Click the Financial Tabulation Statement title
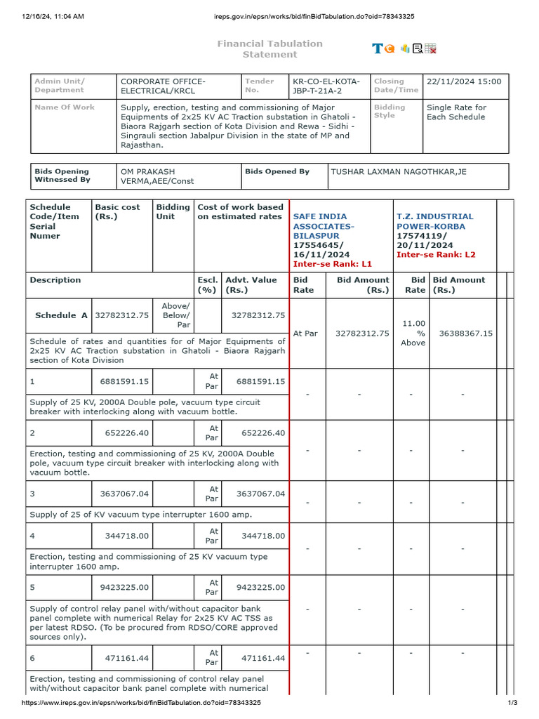[x=269, y=49]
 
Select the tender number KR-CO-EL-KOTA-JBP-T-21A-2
[x=326, y=86]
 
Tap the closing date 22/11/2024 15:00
[x=464, y=81]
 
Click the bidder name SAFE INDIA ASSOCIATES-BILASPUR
[x=324, y=226]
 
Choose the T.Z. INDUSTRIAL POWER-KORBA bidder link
[x=434, y=221]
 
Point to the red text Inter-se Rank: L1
[x=332, y=264]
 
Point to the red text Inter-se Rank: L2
[x=436, y=255]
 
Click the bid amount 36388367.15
[x=465, y=334]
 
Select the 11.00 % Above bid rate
[x=413, y=334]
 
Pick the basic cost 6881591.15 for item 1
[x=122, y=381]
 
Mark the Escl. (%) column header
[x=207, y=284]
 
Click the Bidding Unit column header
[x=173, y=212]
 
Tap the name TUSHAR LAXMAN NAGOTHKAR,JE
[x=398, y=172]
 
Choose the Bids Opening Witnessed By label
[x=62, y=176]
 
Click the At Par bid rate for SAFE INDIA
[x=306, y=334]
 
